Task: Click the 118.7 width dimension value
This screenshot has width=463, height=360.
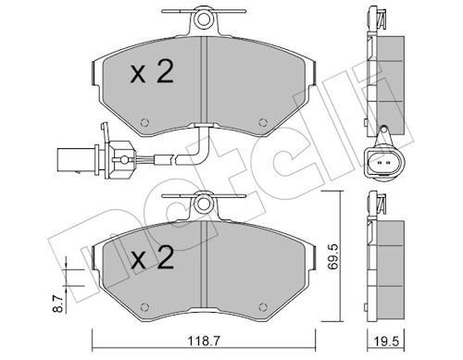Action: point(204,341)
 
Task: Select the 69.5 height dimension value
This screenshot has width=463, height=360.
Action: point(333,257)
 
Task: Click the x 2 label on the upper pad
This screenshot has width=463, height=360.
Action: point(152,72)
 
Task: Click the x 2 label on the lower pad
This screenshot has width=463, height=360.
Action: point(152,257)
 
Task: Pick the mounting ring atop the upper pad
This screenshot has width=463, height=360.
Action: point(203,19)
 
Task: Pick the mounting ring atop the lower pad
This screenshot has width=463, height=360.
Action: point(203,204)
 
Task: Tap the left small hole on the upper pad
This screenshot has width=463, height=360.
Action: point(144,122)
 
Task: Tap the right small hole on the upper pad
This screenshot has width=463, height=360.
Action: point(263,122)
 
